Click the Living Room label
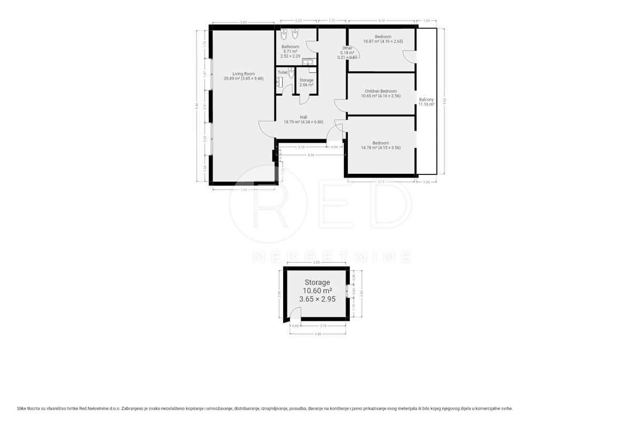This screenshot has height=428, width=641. (x=243, y=74)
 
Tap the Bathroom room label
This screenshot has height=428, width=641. (x=290, y=47)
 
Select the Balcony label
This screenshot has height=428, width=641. (x=426, y=100)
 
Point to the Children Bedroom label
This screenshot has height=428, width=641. (x=380, y=91)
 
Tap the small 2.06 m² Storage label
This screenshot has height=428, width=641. (x=306, y=85)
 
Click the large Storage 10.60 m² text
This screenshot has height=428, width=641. (x=317, y=291)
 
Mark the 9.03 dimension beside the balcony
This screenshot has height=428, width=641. (x=443, y=99)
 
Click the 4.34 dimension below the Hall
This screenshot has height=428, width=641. (x=310, y=155)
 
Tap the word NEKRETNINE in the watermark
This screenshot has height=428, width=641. (x=331, y=257)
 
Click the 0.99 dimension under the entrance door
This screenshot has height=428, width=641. (x=334, y=147)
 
